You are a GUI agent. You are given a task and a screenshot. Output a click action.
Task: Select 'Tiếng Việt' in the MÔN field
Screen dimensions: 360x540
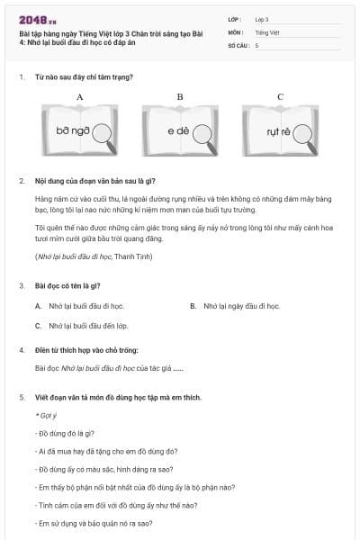(x=267, y=31)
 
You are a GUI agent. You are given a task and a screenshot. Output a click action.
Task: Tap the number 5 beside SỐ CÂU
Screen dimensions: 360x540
(x=257, y=44)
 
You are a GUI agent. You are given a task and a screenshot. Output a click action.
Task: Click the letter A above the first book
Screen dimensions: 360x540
(x=80, y=96)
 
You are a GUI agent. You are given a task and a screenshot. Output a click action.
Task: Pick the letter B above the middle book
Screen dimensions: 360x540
(x=180, y=96)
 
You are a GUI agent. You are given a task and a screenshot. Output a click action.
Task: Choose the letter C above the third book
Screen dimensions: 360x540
(x=280, y=96)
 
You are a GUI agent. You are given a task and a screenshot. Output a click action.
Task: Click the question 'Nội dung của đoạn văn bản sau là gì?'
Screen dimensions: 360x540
(x=95, y=181)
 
